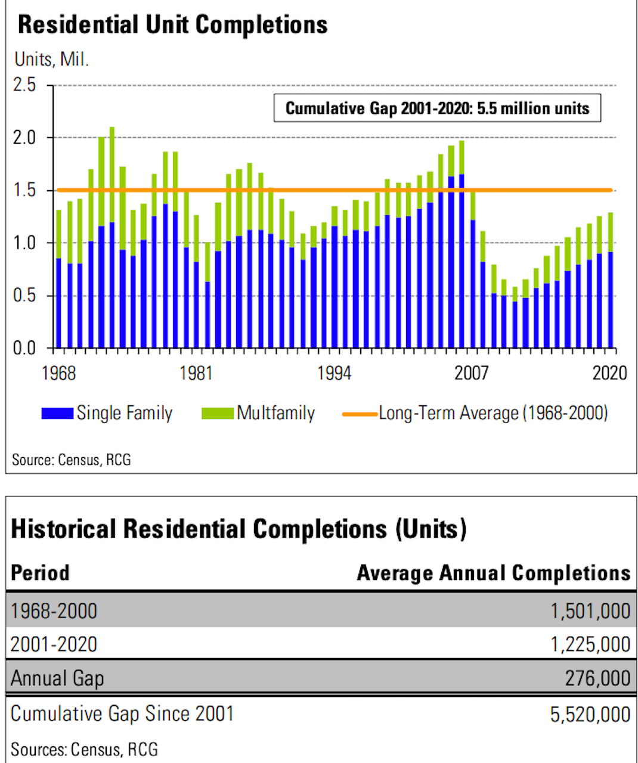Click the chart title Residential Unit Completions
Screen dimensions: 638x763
click(172, 25)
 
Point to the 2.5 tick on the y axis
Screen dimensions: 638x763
click(24, 85)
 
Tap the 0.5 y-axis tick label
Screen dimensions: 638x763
click(24, 295)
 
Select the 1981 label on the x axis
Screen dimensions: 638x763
click(196, 374)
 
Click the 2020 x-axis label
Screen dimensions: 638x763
click(609, 374)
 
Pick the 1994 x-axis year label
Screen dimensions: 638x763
click(334, 374)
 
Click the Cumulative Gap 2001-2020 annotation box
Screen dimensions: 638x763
click(437, 108)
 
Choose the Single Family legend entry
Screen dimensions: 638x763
click(107, 413)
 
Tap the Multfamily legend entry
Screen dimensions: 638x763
click(258, 413)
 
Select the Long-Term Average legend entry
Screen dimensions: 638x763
click(475, 413)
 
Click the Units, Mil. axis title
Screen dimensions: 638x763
click(51, 59)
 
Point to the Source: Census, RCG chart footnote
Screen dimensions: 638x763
click(72, 460)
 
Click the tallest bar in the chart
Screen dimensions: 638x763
click(112, 237)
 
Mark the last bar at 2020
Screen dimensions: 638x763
click(610, 280)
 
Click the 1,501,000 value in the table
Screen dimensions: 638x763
click(590, 610)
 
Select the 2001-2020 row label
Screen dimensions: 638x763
click(54, 644)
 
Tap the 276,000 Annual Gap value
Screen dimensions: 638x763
click(597, 678)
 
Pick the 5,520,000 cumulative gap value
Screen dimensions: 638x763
click(590, 715)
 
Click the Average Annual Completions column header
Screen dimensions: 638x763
click(494, 573)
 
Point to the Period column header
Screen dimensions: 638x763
click(40, 573)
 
